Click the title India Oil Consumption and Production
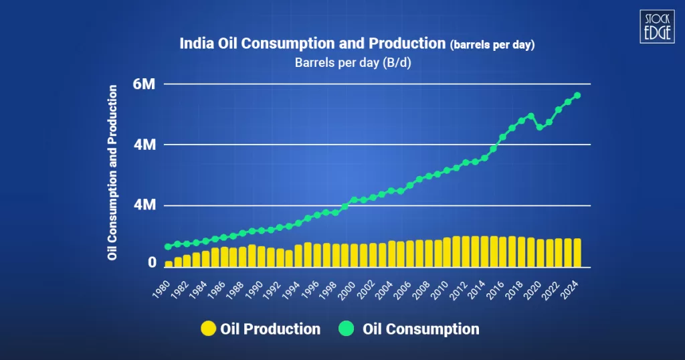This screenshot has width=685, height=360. pos(312,44)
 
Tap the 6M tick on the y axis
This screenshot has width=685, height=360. pos(144,84)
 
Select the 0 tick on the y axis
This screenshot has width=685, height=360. pos(152,263)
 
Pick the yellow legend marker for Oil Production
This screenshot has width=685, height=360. pos(209,329)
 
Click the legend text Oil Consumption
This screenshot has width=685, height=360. pos(421,329)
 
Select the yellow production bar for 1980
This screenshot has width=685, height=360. pos(169,264)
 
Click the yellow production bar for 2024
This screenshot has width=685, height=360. pos(577,252)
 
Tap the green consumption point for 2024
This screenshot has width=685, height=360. pos(577,95)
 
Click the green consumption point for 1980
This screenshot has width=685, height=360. pos(169,247)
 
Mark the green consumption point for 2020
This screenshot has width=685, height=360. pos(540,126)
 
